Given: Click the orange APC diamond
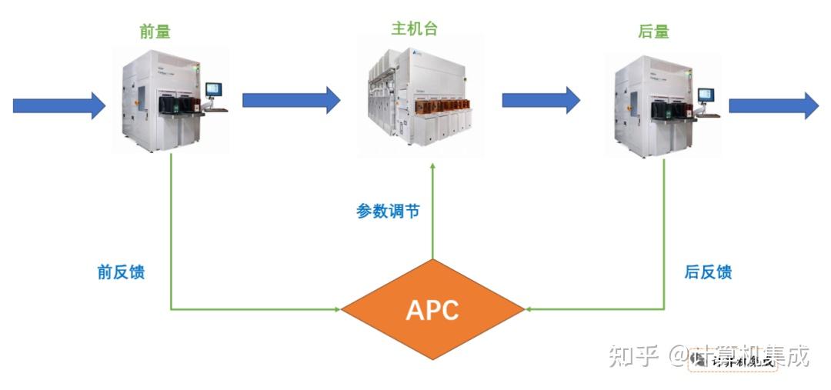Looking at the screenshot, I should (x=432, y=310).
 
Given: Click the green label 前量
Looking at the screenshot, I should (x=155, y=32).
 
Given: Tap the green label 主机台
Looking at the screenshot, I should (x=415, y=29).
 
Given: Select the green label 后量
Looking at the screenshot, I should (x=653, y=32).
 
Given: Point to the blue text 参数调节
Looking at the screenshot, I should (x=388, y=211).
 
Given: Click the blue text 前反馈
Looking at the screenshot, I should (x=121, y=272).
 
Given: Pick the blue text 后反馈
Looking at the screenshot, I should (x=708, y=272).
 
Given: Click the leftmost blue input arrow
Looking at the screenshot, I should (x=58, y=105).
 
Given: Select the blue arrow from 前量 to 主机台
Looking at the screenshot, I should (x=291, y=99).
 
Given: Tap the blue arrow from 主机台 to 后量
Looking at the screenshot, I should (x=541, y=100).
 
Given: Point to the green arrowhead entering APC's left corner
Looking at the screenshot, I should (x=336, y=310).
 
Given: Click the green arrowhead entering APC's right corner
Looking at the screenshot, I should (x=529, y=310).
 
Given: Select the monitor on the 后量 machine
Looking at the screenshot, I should (x=706, y=95).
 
